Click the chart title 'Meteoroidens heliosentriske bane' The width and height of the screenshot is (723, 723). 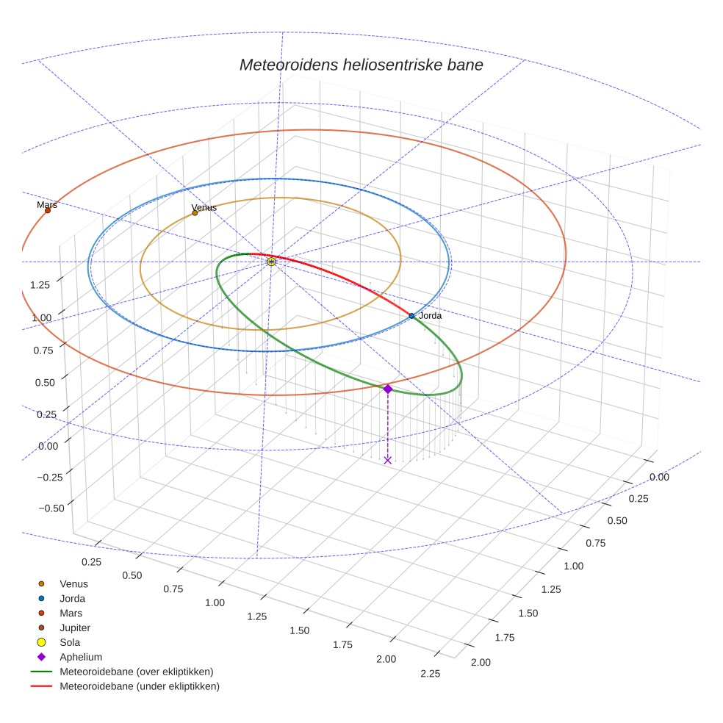(x=361, y=65)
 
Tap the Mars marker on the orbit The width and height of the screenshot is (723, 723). (x=48, y=210)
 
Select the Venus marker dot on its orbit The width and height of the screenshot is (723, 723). (x=195, y=213)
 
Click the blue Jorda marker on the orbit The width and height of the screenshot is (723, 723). (x=411, y=316)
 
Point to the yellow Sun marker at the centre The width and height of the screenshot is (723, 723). (x=271, y=262)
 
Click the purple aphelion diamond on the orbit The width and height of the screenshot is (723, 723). (x=388, y=389)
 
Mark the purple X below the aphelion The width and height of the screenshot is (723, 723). (x=388, y=460)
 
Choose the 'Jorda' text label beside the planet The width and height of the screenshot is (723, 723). (x=431, y=316)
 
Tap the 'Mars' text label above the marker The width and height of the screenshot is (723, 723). (x=47, y=205)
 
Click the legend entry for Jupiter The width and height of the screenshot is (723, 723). (x=75, y=628)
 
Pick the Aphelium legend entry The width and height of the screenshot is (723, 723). (x=81, y=658)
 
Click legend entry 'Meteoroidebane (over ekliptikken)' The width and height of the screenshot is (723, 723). (x=136, y=672)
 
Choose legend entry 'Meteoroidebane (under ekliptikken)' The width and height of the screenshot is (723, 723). (x=139, y=687)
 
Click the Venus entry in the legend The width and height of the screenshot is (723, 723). (x=73, y=584)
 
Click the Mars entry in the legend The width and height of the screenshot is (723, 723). (x=71, y=614)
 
